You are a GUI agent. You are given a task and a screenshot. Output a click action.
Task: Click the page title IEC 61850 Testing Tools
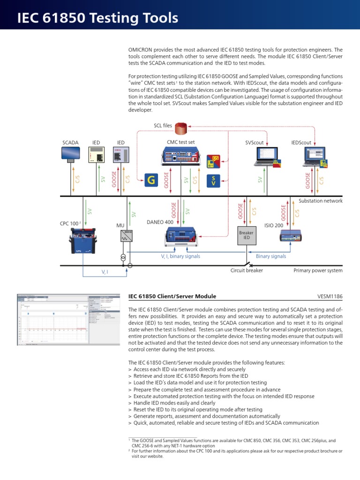tap(97, 18)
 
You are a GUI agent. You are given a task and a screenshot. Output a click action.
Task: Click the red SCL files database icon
tap(180, 127)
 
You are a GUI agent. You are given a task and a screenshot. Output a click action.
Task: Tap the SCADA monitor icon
tap(71, 154)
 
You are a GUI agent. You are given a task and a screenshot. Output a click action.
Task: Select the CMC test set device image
tap(181, 155)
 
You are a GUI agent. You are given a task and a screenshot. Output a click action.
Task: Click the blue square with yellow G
tap(150, 180)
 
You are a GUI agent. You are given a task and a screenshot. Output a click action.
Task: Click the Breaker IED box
tap(246, 235)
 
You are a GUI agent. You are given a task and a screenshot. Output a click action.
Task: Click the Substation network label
tap(321, 201)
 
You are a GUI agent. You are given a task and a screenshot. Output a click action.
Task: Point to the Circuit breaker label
tap(247, 270)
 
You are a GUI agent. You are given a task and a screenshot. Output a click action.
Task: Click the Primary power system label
tap(318, 270)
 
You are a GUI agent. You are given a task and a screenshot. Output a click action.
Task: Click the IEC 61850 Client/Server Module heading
tap(172, 296)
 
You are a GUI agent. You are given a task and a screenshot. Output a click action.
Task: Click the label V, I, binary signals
tap(180, 256)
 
